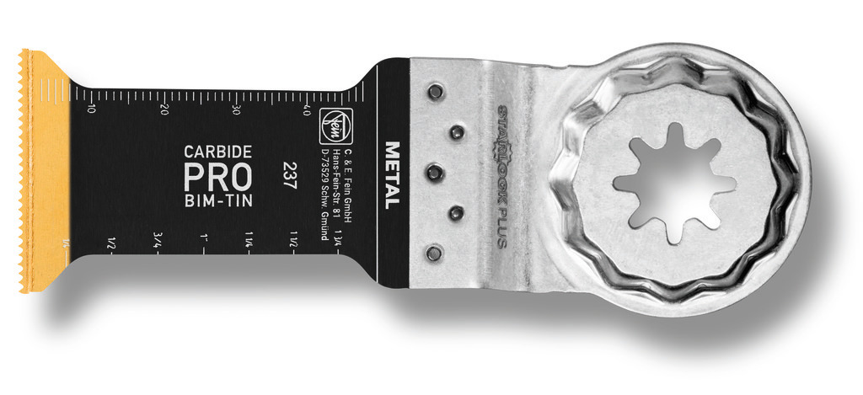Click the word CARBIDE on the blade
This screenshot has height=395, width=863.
click(x=217, y=152)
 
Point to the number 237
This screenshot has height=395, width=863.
click(x=289, y=176)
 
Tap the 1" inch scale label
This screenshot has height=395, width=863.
click(x=204, y=239)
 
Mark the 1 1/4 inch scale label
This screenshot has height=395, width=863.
click(x=250, y=239)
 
